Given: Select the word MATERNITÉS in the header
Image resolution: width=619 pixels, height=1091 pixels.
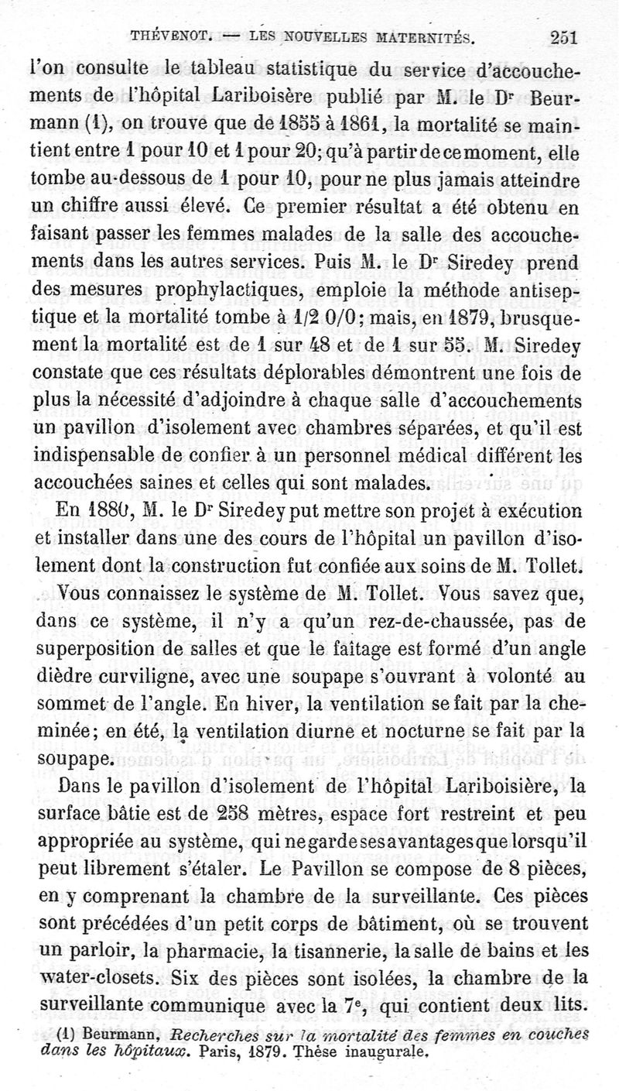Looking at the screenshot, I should pyautogui.click(x=419, y=36).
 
